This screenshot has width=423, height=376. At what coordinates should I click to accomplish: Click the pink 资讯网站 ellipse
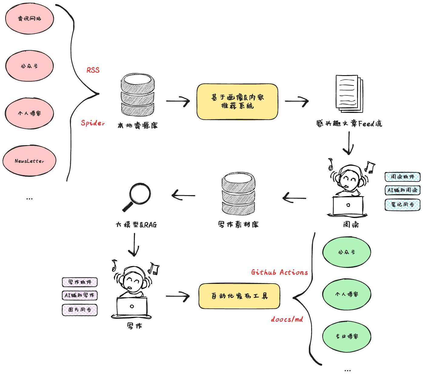[29, 19]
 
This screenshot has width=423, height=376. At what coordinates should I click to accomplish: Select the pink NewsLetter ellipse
[29, 161]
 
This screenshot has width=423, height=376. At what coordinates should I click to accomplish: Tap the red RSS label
[93, 70]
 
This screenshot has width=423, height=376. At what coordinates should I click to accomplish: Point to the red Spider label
[93, 123]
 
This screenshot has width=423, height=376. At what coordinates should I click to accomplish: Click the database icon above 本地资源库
[138, 95]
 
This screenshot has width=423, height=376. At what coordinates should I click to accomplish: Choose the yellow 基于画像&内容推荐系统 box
[237, 102]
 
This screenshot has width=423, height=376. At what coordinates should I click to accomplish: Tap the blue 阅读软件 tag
[402, 177]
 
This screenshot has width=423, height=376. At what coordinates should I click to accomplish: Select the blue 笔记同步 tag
[402, 205]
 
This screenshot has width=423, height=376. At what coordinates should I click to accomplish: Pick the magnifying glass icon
[137, 196]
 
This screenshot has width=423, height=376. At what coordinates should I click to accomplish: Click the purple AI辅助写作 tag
[80, 295]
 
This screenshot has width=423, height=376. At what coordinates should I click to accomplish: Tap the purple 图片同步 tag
[80, 310]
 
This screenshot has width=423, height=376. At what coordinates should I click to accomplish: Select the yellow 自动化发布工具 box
[239, 296]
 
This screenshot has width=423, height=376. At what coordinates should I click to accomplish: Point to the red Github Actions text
[279, 272]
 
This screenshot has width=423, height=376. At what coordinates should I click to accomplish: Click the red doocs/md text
[287, 319]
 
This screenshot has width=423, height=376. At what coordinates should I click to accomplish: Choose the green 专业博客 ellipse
[347, 337]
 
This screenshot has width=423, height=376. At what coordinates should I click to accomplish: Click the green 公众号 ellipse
[347, 252]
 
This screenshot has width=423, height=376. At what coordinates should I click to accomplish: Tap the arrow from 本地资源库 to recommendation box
[178, 101]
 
